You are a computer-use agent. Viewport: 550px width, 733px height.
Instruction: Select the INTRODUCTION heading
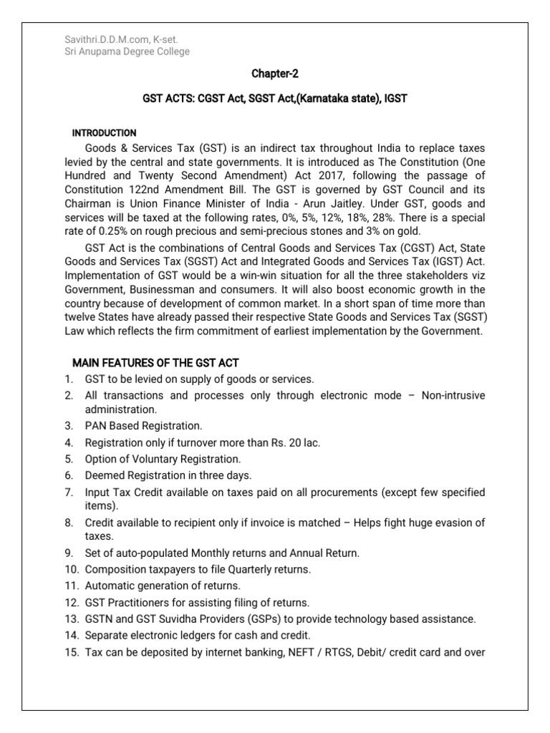click(x=105, y=133)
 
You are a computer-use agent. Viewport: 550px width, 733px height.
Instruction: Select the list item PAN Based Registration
click(x=133, y=426)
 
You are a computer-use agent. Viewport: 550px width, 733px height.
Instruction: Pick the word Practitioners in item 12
click(x=143, y=603)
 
